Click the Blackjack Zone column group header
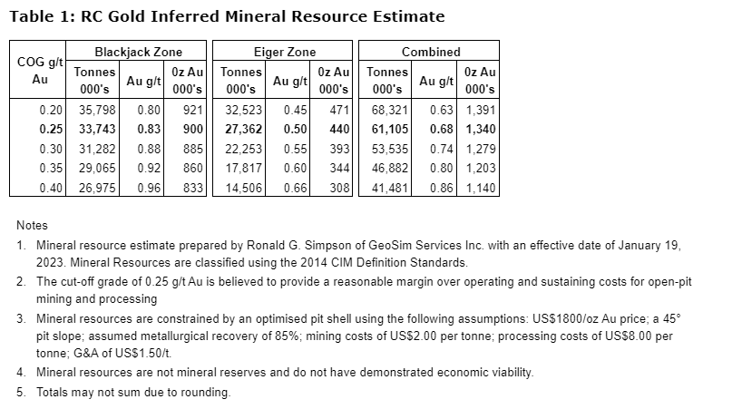tap(138, 52)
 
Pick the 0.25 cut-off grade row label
tap(51, 129)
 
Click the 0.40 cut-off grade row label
tap(51, 188)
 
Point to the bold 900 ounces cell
tap(191, 129)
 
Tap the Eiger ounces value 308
tap(338, 188)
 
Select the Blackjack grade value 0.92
tap(148, 168)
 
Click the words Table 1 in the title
tap(36, 16)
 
